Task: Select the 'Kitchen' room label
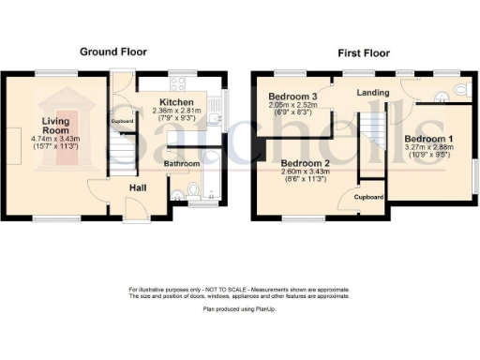pos(176,102)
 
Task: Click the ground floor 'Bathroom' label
pos(183,164)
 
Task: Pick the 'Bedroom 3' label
pos(292,97)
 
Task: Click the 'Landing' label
pos(373,93)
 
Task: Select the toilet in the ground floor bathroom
pos(193,192)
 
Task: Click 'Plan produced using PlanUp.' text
pos(239,307)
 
